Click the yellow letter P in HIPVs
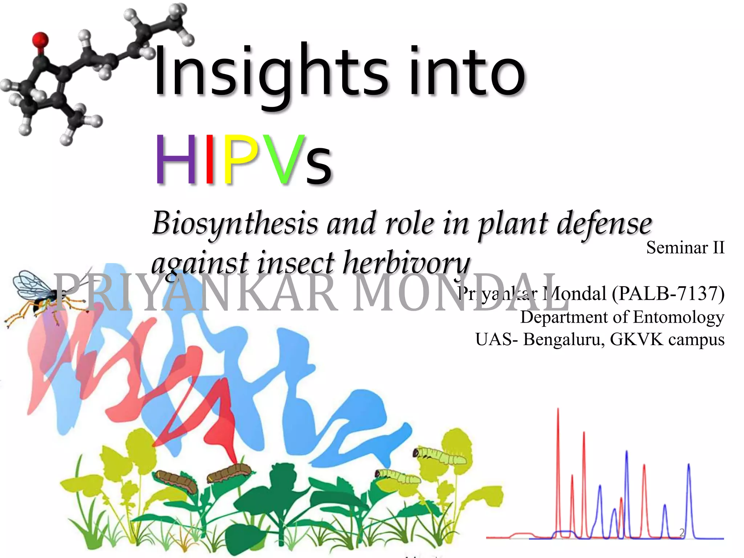240,160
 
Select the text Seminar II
685,248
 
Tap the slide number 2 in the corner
682,533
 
